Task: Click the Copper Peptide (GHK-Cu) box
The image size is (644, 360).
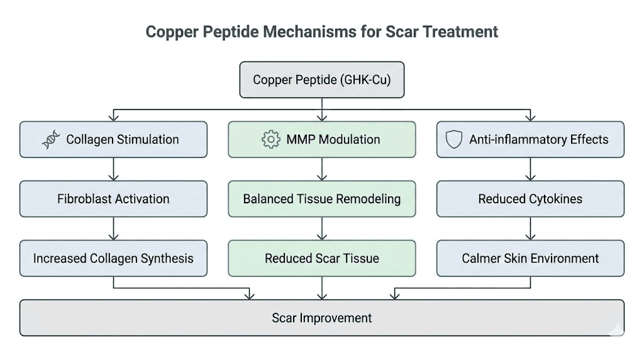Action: click(x=321, y=80)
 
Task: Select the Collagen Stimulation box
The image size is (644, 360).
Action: click(x=113, y=139)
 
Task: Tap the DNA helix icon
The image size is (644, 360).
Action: click(x=52, y=140)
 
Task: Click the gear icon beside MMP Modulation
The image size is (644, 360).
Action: click(x=270, y=140)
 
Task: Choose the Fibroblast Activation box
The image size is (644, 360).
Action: click(x=113, y=199)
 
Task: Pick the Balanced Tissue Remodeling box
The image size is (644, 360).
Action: click(x=321, y=199)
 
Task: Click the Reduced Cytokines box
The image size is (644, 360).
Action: click(x=530, y=199)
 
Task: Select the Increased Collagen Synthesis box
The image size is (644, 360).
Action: click(x=113, y=258)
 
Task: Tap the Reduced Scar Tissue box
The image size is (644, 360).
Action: click(x=321, y=258)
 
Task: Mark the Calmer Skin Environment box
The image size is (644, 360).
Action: click(x=530, y=258)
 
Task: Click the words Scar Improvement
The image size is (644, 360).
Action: click(x=321, y=318)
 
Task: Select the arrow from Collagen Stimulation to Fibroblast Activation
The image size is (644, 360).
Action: click(x=113, y=169)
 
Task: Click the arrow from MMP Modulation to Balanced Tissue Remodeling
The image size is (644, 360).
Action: click(x=321, y=169)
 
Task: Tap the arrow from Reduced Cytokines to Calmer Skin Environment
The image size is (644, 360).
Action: click(x=530, y=228)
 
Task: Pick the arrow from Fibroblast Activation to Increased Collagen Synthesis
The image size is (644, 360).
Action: click(x=113, y=228)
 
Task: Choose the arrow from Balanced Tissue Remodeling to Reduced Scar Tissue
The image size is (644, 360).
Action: click(x=321, y=228)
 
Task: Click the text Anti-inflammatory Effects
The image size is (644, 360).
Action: click(x=539, y=140)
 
